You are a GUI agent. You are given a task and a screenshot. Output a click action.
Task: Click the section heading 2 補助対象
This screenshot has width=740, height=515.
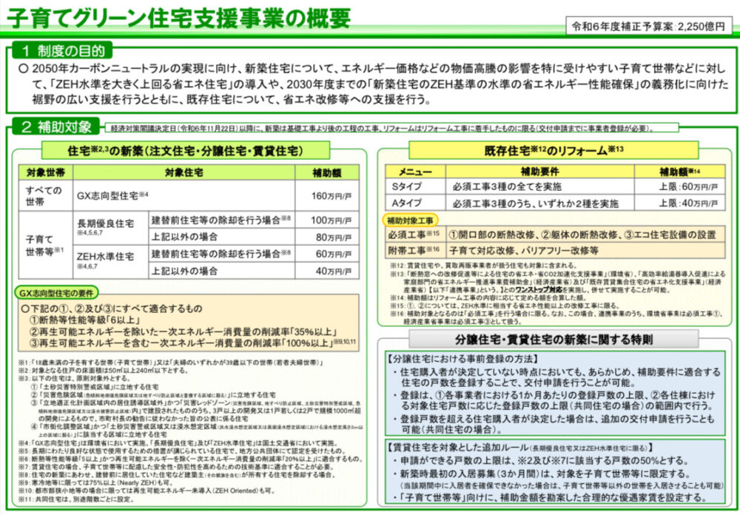coord(56,126)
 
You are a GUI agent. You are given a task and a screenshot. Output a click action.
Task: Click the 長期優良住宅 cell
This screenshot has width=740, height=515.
coord(107,229)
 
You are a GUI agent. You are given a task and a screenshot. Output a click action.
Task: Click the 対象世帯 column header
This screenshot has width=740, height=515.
coord(44,173)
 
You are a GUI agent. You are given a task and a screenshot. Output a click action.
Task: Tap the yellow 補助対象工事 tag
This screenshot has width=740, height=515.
coord(411,220)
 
